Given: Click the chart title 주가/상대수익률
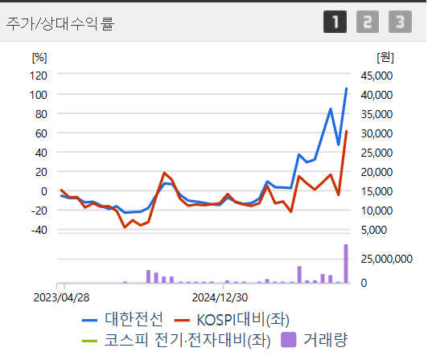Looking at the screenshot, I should [60, 22].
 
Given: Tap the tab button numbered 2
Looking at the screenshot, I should [367, 22].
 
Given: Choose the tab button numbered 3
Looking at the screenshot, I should [399, 22].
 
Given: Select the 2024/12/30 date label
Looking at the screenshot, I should [223, 296].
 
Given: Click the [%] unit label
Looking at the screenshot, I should [39, 57].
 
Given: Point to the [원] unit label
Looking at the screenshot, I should [384, 57].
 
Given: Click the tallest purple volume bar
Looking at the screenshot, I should [346, 264].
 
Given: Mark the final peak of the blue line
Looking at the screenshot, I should [347, 88].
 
